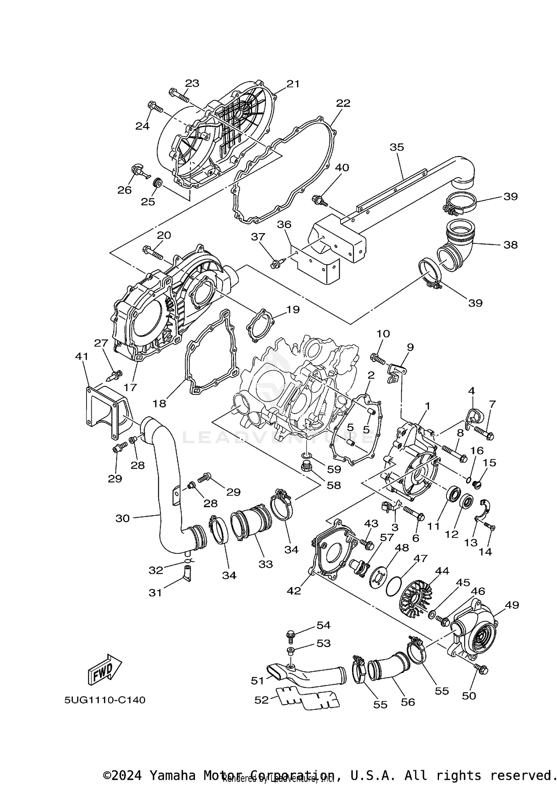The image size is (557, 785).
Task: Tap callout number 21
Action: (293, 84)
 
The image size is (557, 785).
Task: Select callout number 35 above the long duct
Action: (397, 147)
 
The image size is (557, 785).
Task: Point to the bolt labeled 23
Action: (178, 95)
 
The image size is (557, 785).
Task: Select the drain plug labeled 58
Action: (307, 466)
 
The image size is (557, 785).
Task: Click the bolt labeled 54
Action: (291, 635)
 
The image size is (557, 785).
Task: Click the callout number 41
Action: (82, 356)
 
